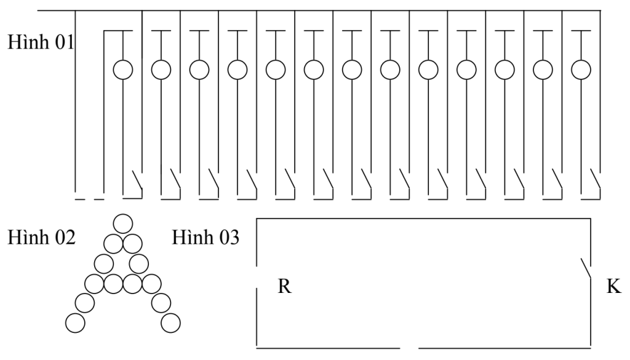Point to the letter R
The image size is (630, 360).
pos(284,287)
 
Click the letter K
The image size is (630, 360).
pos(613,287)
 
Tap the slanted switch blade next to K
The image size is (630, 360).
pos(586,268)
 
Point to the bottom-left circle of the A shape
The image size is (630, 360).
pos(75,322)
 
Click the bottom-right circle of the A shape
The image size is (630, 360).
pos(170,322)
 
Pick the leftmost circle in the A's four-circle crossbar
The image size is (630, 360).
pos(94,284)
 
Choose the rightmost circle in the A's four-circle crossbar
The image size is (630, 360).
pos(151,284)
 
